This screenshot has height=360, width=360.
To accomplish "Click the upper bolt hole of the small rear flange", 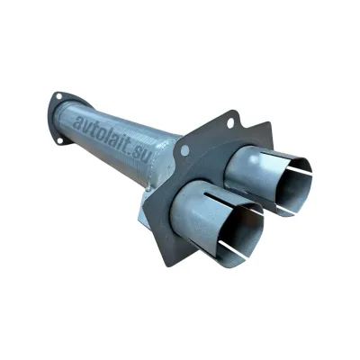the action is click(x=59, y=96).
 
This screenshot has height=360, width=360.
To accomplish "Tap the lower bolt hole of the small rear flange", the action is click(x=60, y=140).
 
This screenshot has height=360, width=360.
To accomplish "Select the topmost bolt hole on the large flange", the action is click(x=230, y=123).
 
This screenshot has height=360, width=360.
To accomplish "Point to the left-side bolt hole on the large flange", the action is click(x=185, y=150).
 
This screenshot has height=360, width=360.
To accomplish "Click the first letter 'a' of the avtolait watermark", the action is click(x=77, y=121).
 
